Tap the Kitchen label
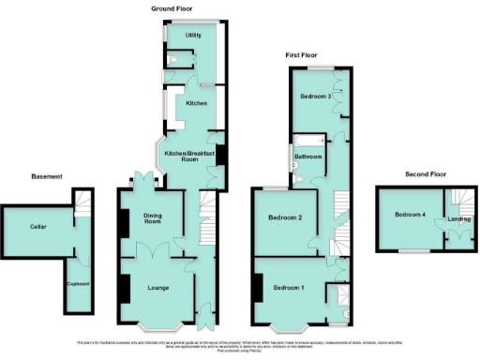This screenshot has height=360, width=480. [195, 102]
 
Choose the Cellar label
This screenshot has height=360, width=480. [37, 227]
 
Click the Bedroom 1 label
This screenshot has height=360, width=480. [291, 287]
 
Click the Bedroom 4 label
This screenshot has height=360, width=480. [410, 215]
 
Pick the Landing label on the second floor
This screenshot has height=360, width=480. [459, 219]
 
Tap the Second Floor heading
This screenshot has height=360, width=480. [427, 174]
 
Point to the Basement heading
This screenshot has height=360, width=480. [47, 176]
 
